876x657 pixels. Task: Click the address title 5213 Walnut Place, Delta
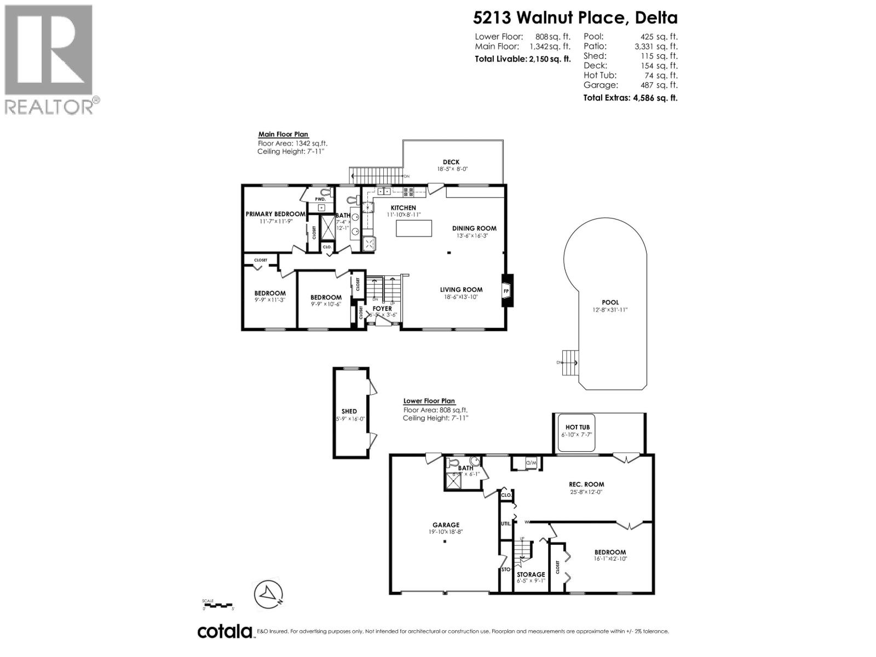pyautogui.click(x=575, y=18)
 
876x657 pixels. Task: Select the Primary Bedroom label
pyautogui.click(x=275, y=214)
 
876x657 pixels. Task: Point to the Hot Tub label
pyautogui.click(x=577, y=427)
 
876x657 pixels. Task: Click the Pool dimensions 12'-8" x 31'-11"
pyautogui.click(x=610, y=310)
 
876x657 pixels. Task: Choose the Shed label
pyautogui.click(x=349, y=411)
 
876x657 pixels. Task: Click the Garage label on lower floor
pyautogui.click(x=446, y=525)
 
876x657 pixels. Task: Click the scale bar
pyautogui.click(x=218, y=604)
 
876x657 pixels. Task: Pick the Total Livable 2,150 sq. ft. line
pyautogui.click(x=522, y=58)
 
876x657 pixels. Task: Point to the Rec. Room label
pyautogui.click(x=586, y=484)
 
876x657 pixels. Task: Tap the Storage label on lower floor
pyautogui.click(x=531, y=574)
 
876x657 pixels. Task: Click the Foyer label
pyautogui.click(x=382, y=308)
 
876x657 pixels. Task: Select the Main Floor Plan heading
pyautogui.click(x=283, y=134)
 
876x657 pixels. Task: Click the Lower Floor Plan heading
pyautogui.click(x=429, y=401)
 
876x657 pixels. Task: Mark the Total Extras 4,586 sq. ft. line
pyautogui.click(x=630, y=98)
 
